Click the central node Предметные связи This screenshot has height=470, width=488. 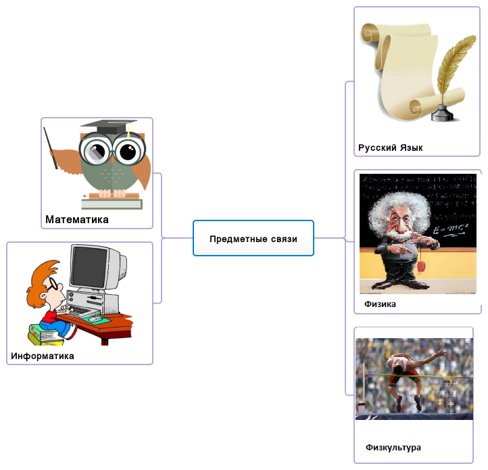point(253,239)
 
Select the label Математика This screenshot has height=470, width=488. point(76,220)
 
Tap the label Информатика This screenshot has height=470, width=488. point(43,356)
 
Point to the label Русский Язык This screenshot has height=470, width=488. point(390,148)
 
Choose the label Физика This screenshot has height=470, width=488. point(380,304)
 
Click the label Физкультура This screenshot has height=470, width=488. point(393,448)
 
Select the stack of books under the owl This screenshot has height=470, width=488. point(111,202)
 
